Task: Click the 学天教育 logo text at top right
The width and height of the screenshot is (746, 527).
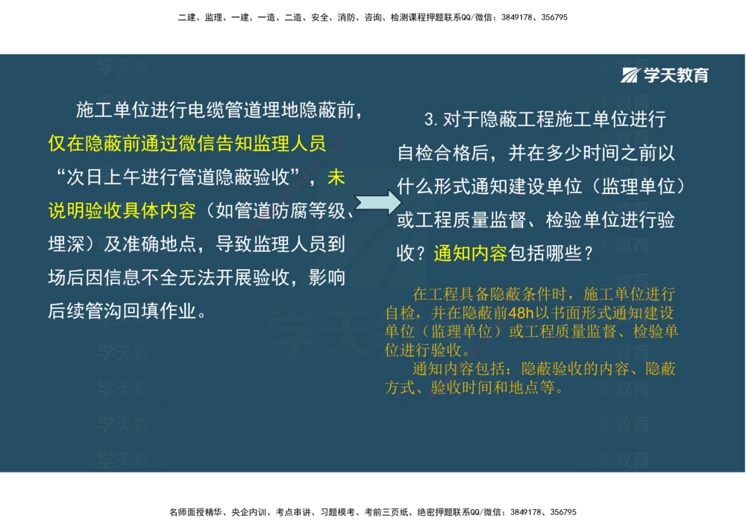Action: pyautogui.click(x=676, y=75)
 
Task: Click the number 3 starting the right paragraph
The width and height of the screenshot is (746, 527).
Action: pyautogui.click(x=429, y=119)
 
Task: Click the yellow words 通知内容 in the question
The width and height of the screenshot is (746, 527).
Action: pyautogui.click(x=470, y=253)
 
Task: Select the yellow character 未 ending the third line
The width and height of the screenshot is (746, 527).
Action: pyautogui.click(x=336, y=178)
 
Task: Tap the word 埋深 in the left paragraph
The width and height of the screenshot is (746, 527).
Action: pyautogui.click(x=66, y=244)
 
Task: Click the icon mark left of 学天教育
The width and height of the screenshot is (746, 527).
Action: pyautogui.click(x=631, y=75)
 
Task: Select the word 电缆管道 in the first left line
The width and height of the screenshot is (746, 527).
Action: pyautogui.click(x=225, y=111)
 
